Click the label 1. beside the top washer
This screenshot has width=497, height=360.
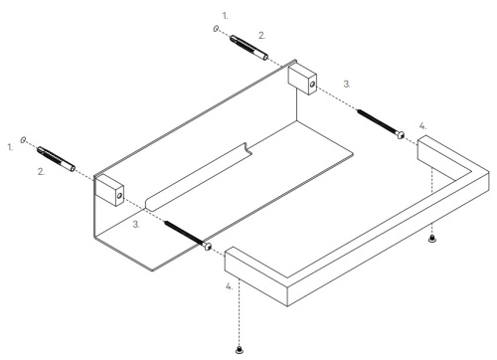click(225, 17)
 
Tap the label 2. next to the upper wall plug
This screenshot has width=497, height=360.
click(261, 35)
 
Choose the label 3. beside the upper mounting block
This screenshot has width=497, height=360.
click(346, 86)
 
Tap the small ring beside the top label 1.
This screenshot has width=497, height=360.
click(217, 30)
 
